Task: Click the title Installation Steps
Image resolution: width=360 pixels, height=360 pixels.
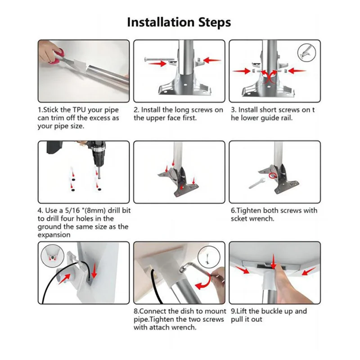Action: click(x=179, y=22)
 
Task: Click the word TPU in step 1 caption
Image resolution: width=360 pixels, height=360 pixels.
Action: click(x=80, y=110)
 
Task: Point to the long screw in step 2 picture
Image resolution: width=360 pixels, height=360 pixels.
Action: click(x=158, y=60)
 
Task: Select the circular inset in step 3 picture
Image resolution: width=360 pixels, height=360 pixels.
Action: click(x=306, y=53)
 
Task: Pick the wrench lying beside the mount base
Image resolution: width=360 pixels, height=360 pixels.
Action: click(x=257, y=183)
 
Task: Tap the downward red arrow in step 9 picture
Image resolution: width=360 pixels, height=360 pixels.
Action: click(x=273, y=262)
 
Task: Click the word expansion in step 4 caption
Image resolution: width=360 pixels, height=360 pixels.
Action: click(x=54, y=235)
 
